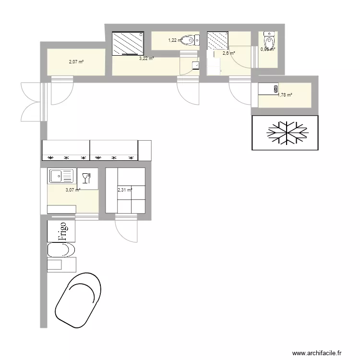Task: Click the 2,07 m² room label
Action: click(x=76, y=61)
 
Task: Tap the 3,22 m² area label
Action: click(x=146, y=59)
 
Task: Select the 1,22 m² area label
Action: click(x=175, y=40)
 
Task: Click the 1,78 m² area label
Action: click(x=285, y=95)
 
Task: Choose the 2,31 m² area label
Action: click(x=124, y=190)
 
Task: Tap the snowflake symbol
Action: click(x=287, y=132)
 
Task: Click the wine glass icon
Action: click(x=86, y=179)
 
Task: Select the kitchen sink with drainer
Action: click(x=61, y=176)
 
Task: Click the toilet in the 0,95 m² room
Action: click(x=268, y=40)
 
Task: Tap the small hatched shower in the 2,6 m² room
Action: click(x=217, y=40)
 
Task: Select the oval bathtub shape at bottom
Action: click(x=78, y=299)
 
